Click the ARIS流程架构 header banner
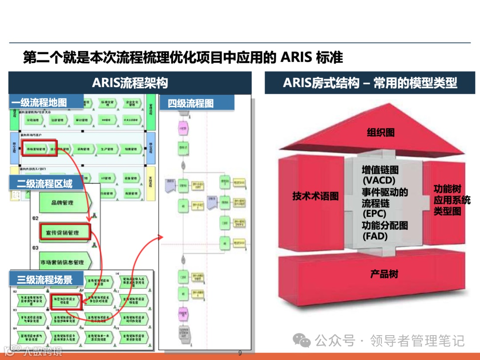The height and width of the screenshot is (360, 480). coord(130,83)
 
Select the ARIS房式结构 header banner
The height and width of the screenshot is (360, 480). coord(370,83)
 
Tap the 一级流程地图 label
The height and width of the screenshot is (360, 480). coord(39,103)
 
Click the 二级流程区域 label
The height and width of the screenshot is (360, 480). coord(45,183)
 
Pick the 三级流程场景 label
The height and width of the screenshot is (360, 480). coord(45,280)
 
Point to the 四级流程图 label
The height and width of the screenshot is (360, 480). coord(190,104)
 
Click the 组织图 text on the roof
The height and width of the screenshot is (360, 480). coord(380,132)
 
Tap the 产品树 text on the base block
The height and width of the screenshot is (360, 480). coord(384,274)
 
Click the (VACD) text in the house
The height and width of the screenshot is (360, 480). coord(378,181)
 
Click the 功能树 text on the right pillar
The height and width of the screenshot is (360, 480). coord(447,189)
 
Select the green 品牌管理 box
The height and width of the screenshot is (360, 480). coord(63,203)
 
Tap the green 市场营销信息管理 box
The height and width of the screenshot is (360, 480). coord(62,262)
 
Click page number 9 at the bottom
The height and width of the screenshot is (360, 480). coord(240,353)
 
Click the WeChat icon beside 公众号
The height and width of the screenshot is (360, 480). coord(304,341)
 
